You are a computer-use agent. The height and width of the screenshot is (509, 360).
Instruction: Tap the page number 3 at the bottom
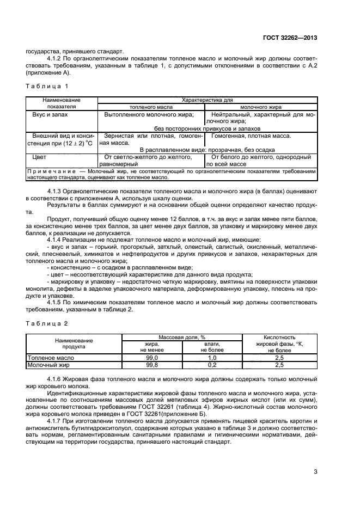(x=315, y=471)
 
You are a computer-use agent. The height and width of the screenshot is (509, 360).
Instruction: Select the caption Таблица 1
(x=47, y=86)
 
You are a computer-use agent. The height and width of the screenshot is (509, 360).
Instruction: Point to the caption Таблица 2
(x=47, y=324)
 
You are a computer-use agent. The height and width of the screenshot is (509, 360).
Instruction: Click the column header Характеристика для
(x=207, y=100)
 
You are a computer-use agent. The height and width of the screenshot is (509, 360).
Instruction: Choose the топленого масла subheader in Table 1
(x=150, y=107)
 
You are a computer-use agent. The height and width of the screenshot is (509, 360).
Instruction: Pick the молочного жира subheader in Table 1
(x=260, y=107)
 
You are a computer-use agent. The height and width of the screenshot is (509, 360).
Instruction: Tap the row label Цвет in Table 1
(x=39, y=157)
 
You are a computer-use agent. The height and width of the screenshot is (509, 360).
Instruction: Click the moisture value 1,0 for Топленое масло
(x=212, y=358)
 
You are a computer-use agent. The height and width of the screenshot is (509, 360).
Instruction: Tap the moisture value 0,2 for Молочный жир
(x=212, y=365)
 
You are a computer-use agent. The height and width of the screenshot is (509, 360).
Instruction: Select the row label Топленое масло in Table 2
(x=51, y=358)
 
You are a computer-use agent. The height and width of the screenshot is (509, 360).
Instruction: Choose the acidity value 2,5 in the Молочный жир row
(x=279, y=365)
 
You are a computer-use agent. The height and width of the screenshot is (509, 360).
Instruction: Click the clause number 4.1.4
(x=56, y=240)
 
